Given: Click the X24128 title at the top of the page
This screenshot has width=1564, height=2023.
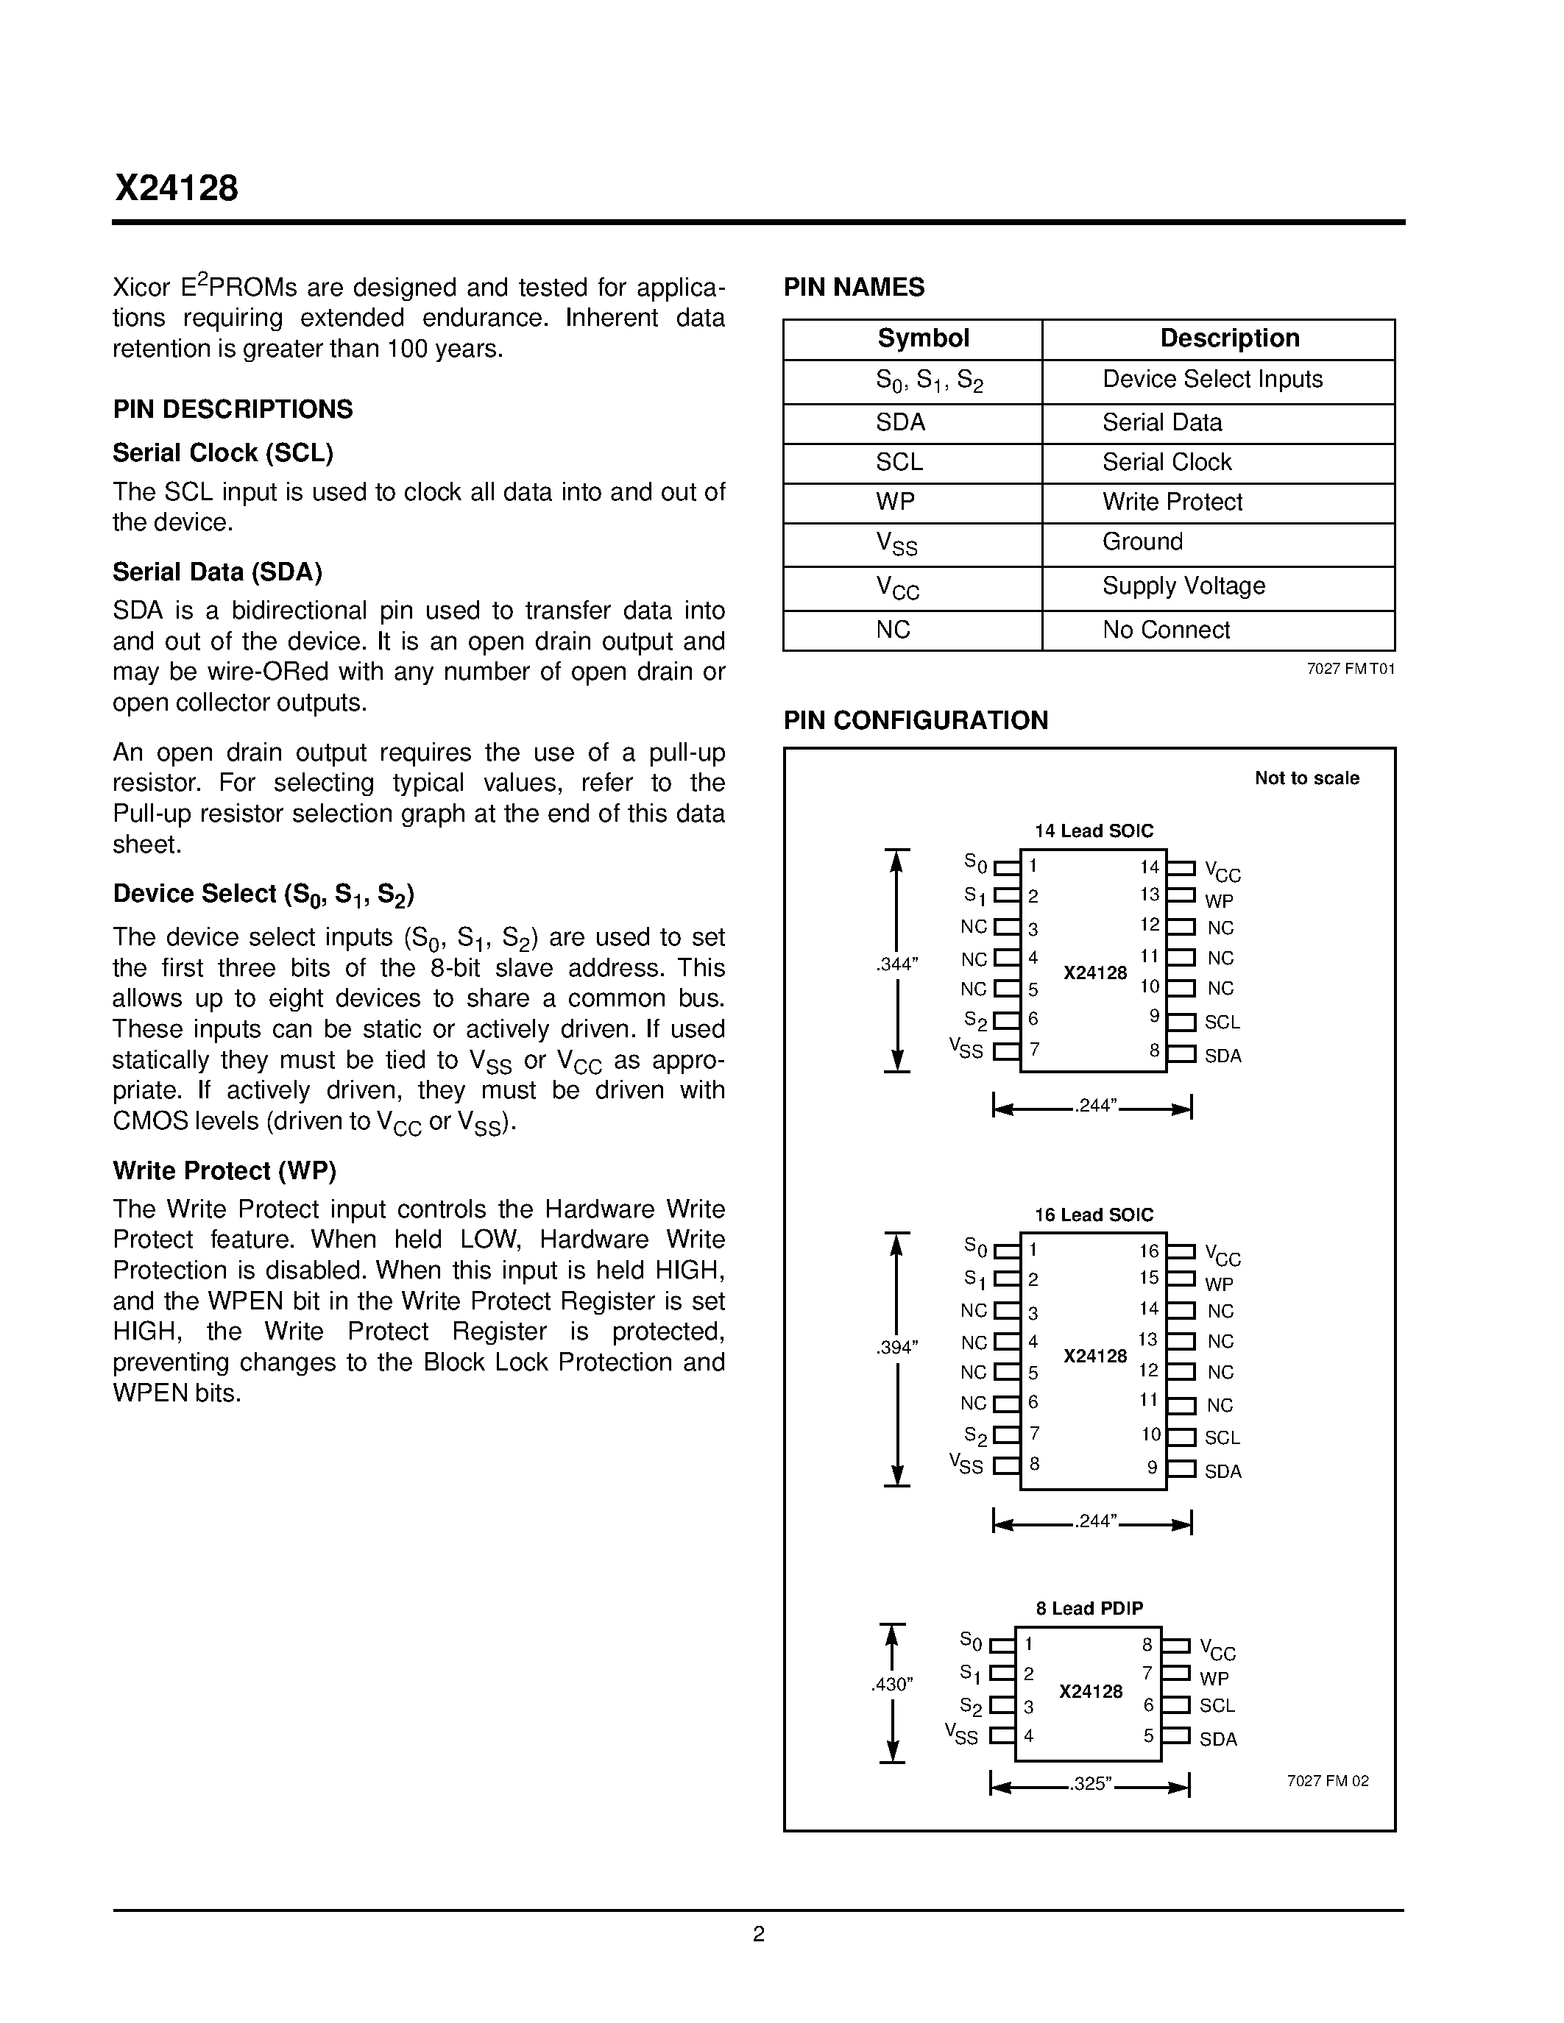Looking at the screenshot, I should coord(176,189).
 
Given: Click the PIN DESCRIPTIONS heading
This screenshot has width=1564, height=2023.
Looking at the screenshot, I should coord(233,410).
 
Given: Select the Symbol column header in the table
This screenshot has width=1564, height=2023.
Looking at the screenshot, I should coord(923,338).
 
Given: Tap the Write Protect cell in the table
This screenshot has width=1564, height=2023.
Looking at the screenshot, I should coord(1171,502).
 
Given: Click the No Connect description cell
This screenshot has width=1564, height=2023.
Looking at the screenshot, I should coord(1166,630).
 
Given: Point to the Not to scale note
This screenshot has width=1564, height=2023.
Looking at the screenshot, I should coord(1306,778).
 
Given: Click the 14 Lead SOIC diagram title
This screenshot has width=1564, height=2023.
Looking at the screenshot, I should coord(1093,831).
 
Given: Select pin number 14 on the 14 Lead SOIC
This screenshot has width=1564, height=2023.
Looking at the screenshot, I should coord(1149,867).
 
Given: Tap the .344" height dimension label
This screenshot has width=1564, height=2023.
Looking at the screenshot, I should coord(896,964).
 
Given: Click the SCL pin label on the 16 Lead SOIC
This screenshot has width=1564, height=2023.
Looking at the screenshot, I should coord(1222,1437).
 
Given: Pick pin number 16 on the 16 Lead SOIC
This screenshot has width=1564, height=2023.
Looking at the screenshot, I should coord(1149,1251).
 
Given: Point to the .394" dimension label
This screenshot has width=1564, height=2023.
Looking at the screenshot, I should coord(896,1348).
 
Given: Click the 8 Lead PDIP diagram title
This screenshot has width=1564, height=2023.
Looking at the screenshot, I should coord(1089,1608).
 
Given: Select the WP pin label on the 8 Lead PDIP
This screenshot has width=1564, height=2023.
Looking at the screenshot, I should coord(1214,1679).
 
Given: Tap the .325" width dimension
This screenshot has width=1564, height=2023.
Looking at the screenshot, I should coord(1091,1783).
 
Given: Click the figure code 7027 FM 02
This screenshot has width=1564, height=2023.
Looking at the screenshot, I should coord(1327,1780).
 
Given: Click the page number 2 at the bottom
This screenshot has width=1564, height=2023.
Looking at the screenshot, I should coord(759,1933).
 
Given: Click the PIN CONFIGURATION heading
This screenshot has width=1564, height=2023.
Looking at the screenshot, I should coord(916,721).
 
